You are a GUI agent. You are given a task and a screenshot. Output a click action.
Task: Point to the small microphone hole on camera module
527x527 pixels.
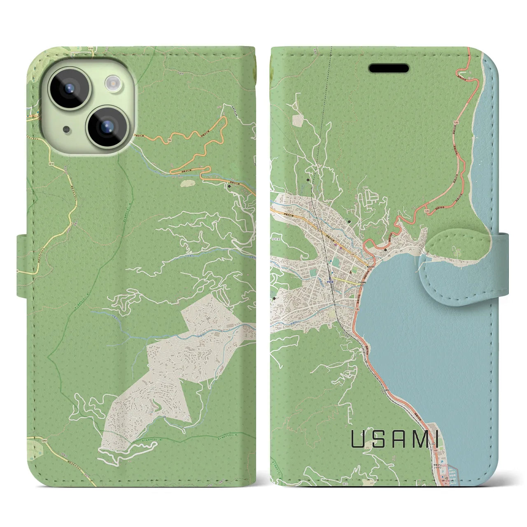click(x=66, y=130)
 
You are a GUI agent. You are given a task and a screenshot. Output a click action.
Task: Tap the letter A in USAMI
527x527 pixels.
click(x=399, y=439)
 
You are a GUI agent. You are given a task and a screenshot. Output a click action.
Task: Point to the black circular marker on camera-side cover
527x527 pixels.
click(x=229, y=186)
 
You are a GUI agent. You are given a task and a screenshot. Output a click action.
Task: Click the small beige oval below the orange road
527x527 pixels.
click(x=188, y=181)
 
